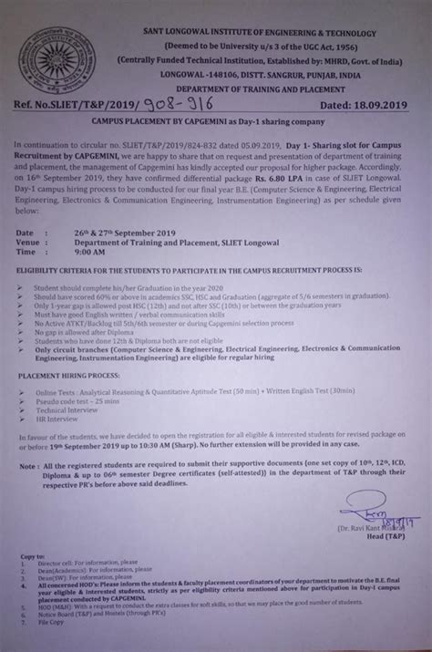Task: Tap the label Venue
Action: point(39,243)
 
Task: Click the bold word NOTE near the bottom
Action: point(36,492)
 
